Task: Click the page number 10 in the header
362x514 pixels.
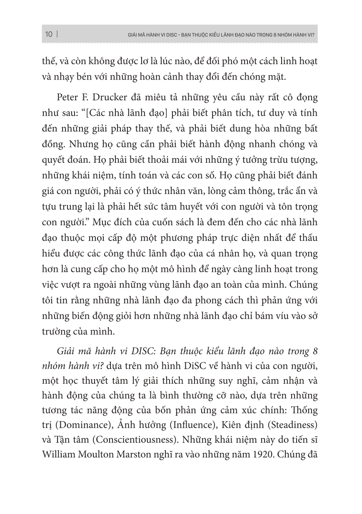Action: (x=49, y=35)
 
